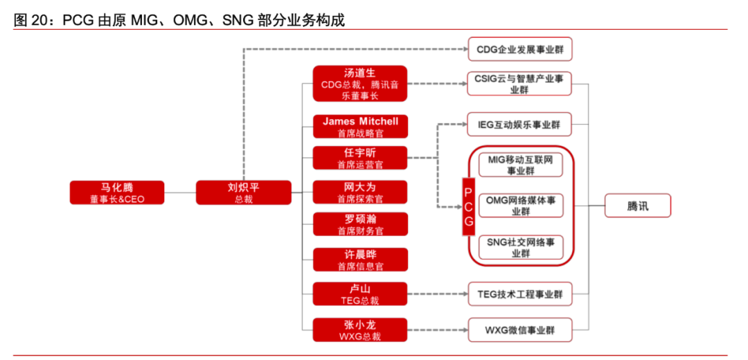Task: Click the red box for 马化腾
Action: (x=117, y=192)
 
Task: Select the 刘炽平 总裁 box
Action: (x=243, y=192)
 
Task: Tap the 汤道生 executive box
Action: (x=359, y=84)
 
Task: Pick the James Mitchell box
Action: (x=359, y=126)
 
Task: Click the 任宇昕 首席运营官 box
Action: (x=359, y=158)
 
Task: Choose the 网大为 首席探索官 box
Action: (x=359, y=192)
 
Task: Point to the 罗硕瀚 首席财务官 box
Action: (x=359, y=224)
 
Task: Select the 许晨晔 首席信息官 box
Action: (x=359, y=260)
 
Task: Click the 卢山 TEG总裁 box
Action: (x=359, y=294)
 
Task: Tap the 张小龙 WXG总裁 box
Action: (x=359, y=330)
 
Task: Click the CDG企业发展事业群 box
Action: (x=520, y=49)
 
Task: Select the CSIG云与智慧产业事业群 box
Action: (x=520, y=84)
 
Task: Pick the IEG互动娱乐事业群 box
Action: (x=520, y=125)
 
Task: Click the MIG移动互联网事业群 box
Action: (x=520, y=165)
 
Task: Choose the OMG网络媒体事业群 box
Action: (x=520, y=206)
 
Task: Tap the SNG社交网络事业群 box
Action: (x=520, y=247)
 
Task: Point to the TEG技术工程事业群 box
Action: (x=520, y=294)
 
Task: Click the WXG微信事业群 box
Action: (x=520, y=330)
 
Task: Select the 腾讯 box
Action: (x=638, y=206)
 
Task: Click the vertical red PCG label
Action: (x=469, y=206)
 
